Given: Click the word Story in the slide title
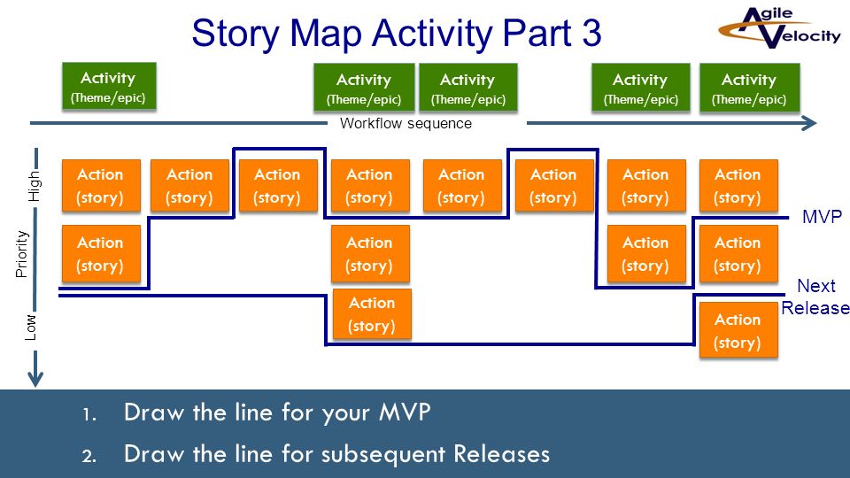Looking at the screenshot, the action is click(x=236, y=35).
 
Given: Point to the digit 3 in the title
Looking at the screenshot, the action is click(x=591, y=33).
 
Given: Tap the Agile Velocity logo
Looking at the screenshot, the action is click(x=779, y=27).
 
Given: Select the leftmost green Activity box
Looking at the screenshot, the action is click(x=109, y=87).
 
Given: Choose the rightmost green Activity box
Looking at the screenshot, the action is click(x=749, y=88).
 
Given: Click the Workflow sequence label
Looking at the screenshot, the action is click(x=406, y=124).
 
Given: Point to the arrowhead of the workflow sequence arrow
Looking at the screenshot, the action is click(x=809, y=123).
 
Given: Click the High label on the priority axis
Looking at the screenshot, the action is click(x=35, y=186).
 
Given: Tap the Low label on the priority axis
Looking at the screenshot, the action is click(x=31, y=328).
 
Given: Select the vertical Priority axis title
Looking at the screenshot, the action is click(x=21, y=254).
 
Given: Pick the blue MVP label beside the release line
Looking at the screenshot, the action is click(x=822, y=217).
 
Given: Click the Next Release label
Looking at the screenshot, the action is click(x=815, y=297).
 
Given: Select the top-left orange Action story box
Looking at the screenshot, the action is click(x=101, y=185).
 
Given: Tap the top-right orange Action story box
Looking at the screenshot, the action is click(x=738, y=185).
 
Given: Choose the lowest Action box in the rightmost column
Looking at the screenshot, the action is click(x=738, y=330).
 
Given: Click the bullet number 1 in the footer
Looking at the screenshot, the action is click(x=89, y=415).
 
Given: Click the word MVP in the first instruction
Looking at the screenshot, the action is click(x=405, y=412).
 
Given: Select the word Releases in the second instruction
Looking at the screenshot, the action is click(x=501, y=454).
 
